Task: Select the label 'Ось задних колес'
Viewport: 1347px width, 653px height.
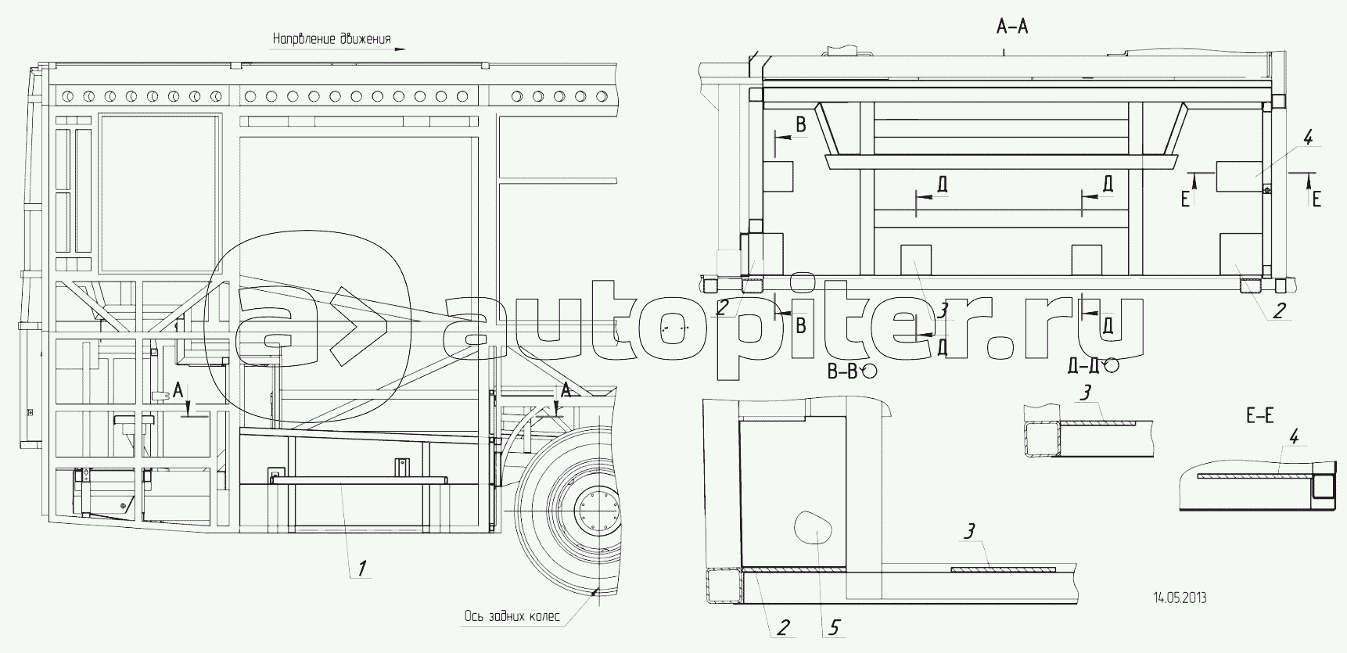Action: (x=512, y=615)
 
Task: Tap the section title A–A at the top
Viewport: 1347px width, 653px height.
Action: (x=1012, y=28)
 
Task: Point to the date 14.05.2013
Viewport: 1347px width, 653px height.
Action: (x=1180, y=598)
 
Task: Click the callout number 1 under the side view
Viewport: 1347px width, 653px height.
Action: (x=361, y=569)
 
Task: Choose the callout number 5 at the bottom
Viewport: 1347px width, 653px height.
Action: (x=835, y=626)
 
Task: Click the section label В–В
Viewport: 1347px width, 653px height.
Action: (x=843, y=371)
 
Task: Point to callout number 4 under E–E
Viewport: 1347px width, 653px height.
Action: (x=1294, y=438)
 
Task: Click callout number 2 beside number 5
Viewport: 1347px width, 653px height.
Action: (x=783, y=626)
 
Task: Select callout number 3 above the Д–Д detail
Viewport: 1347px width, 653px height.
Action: (x=1084, y=393)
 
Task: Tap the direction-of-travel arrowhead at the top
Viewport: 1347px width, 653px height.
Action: (x=400, y=48)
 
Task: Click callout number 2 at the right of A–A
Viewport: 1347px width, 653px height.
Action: (x=1278, y=310)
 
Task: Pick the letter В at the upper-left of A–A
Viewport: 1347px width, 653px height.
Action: (x=800, y=124)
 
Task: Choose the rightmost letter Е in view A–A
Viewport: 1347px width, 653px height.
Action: (x=1316, y=199)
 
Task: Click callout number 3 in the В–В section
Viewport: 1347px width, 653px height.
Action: (x=969, y=533)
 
